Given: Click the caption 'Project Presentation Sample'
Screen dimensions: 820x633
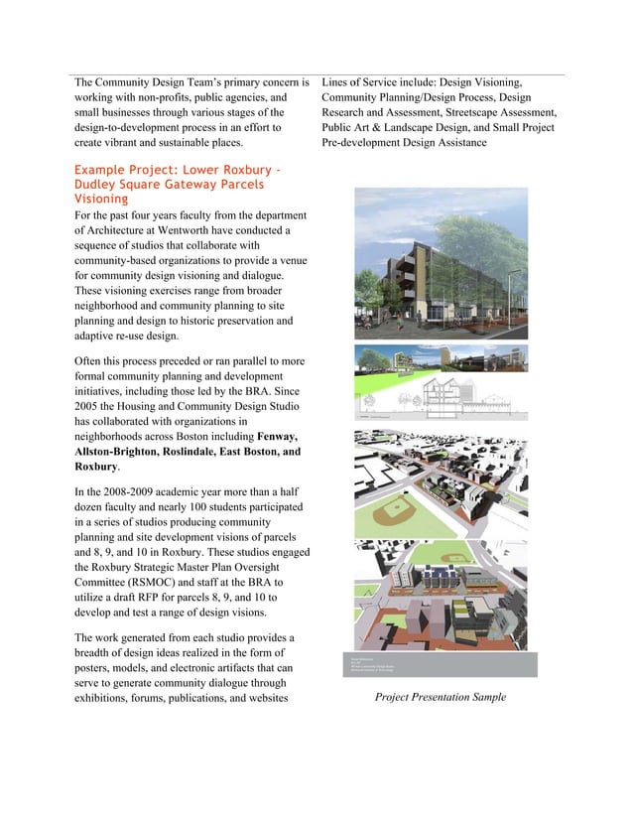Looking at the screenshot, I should pyautogui.click(x=440, y=697).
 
